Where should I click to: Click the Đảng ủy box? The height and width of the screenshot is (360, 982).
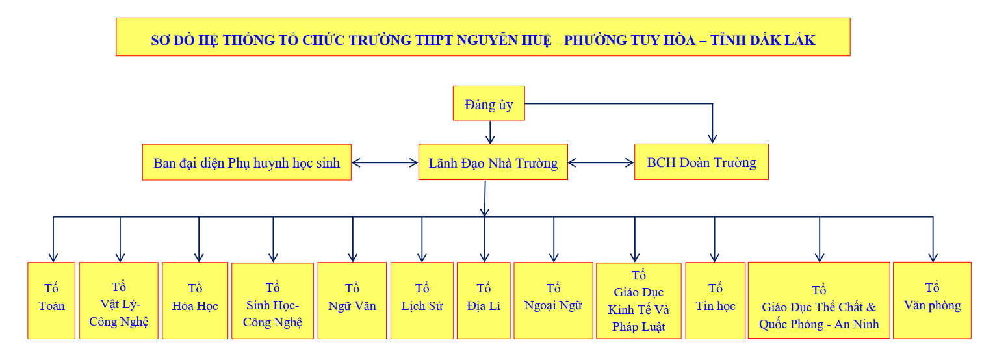[488, 103]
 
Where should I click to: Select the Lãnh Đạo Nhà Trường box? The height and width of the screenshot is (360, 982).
[493, 162]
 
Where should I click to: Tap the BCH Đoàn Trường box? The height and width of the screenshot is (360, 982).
[701, 162]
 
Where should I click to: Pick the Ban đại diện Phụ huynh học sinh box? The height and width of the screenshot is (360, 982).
[247, 162]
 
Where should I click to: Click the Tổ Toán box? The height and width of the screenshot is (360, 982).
[51, 300]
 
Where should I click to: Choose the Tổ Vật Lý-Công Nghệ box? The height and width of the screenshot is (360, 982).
[118, 300]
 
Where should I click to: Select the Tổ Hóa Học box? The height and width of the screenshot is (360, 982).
[195, 300]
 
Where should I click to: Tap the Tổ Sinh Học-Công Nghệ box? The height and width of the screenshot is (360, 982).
[272, 301]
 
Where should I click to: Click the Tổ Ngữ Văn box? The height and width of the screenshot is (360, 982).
[352, 300]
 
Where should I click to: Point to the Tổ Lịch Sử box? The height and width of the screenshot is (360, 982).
[422, 300]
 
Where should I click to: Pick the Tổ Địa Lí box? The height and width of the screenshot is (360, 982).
[484, 300]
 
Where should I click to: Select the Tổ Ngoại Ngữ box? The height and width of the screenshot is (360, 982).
[553, 300]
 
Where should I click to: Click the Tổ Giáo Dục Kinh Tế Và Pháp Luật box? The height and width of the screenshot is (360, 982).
[638, 301]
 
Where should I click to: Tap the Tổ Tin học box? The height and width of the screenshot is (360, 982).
[715, 300]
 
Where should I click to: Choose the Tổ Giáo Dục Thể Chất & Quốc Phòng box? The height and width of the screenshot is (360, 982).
[819, 300]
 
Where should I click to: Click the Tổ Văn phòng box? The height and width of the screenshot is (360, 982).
[933, 300]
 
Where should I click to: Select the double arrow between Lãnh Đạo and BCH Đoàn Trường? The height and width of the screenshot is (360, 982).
[601, 162]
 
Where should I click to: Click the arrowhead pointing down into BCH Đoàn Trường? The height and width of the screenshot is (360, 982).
[713, 137]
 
